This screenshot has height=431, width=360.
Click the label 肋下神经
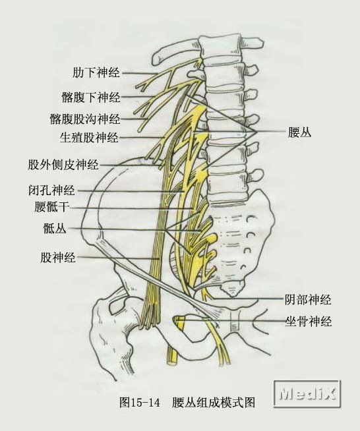click(96, 73)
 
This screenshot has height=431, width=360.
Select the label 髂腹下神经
click(90, 97)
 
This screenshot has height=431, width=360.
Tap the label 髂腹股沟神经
click(85, 119)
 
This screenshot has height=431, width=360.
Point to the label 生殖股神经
click(89, 137)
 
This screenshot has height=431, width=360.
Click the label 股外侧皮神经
click(63, 165)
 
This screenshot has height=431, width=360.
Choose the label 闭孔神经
click(51, 190)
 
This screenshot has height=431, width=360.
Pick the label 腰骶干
click(51, 207)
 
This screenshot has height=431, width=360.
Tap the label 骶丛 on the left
click(55, 229)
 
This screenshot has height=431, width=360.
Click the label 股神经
click(58, 258)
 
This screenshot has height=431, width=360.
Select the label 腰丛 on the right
click(299, 132)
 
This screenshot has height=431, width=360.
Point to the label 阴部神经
click(308, 299)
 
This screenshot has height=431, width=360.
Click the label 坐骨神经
click(308, 321)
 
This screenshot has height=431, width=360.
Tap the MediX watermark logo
click(307, 393)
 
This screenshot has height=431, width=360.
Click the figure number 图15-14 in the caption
click(139, 403)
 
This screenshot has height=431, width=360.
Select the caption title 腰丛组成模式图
click(214, 403)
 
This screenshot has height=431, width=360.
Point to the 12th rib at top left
click(177, 50)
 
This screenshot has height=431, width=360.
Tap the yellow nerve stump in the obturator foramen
click(179, 323)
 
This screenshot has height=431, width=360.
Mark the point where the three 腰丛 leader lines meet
click(256, 132)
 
